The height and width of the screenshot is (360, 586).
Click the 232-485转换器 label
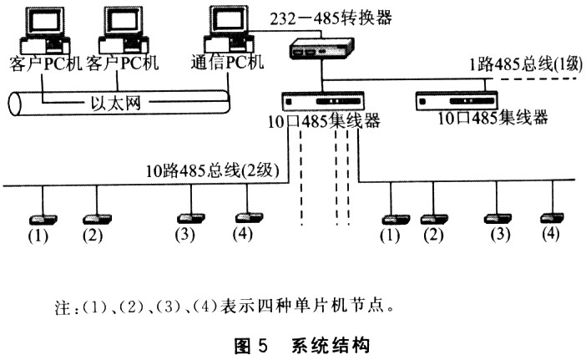[x=331, y=18]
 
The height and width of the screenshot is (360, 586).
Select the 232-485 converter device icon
[x=321, y=48]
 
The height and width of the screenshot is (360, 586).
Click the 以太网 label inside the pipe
[x=116, y=103]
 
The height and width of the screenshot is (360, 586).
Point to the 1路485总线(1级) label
[x=525, y=64]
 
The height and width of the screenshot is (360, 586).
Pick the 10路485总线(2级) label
[x=212, y=171]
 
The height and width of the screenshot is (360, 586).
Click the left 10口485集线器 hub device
[x=322, y=101]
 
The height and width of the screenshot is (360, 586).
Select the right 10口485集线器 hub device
[x=457, y=101]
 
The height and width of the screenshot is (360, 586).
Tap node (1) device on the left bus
[x=43, y=219]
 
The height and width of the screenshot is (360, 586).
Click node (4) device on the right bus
[x=553, y=217]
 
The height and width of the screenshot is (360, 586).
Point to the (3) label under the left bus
[x=185, y=235]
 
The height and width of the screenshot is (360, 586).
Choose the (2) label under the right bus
[x=433, y=236]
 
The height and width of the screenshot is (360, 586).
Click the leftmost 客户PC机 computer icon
[x=45, y=29]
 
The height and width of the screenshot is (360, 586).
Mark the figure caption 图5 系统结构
[x=301, y=346]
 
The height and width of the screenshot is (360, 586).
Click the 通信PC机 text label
[x=227, y=62]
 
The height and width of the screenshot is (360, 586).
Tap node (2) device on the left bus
[x=97, y=219]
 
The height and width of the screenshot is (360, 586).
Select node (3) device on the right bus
[x=498, y=219]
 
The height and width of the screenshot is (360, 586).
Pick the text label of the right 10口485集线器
[x=493, y=118]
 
